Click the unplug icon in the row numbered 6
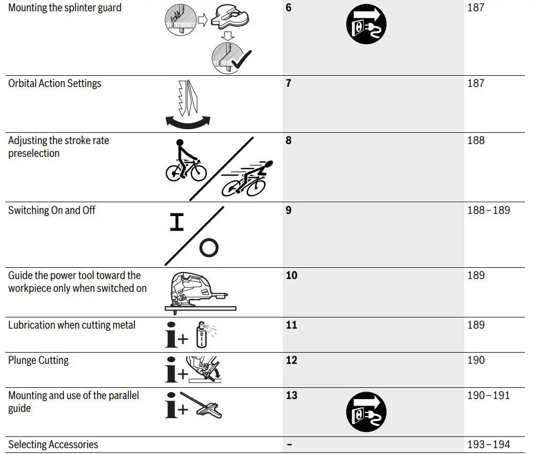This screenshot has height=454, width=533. click(x=366, y=25)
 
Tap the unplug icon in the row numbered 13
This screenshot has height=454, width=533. click(x=366, y=412)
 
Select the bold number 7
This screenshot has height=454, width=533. click(x=289, y=83)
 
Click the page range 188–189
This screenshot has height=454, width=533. click(x=488, y=210)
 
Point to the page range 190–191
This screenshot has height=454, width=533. click(x=488, y=395)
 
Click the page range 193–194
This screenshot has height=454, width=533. click(x=488, y=444)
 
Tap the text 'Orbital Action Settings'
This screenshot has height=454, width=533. click(x=54, y=83)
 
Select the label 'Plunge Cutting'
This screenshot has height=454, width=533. click(x=38, y=360)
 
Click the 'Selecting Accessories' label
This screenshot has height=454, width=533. click(x=53, y=444)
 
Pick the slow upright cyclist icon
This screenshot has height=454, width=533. click(x=185, y=161)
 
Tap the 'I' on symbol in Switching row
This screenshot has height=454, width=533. click(x=177, y=222)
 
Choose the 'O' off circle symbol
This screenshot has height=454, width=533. click(x=209, y=248)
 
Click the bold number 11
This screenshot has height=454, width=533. click(x=291, y=325)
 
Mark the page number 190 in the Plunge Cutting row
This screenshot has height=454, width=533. click(x=476, y=360)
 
